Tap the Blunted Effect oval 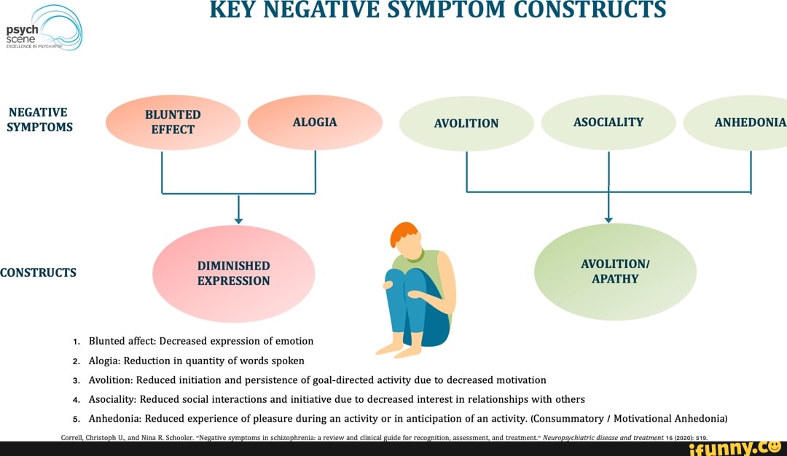173,122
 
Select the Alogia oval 315,122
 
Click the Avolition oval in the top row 466,123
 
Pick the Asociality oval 608,122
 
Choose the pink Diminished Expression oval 233,273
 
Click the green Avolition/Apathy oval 615,271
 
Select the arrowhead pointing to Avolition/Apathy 608,219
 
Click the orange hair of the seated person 403,235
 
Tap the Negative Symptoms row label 40,119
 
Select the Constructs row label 38,273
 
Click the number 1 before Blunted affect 76,342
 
